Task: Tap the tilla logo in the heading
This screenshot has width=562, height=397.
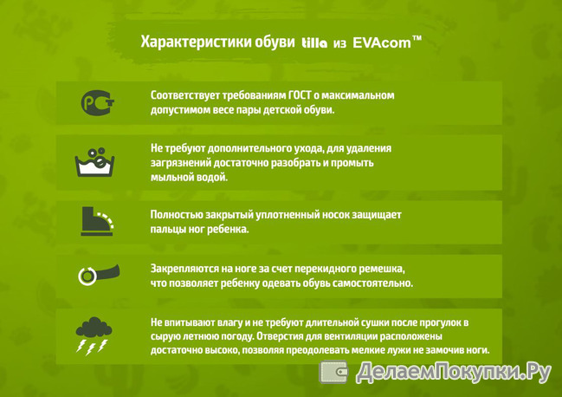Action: tap(314, 43)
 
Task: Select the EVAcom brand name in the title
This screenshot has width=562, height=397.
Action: tap(382, 42)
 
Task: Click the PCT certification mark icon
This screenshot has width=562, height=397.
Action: tap(98, 102)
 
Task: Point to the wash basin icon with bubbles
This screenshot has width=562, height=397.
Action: tap(94, 162)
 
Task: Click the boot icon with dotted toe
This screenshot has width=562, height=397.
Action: tap(97, 221)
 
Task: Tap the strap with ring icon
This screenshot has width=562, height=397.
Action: tap(99, 275)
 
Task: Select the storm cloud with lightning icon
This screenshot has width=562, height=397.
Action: tap(94, 335)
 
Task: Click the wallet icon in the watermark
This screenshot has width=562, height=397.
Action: tap(333, 372)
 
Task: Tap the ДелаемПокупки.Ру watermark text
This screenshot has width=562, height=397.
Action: tap(453, 372)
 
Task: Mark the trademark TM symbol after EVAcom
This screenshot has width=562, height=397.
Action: tap(417, 37)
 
